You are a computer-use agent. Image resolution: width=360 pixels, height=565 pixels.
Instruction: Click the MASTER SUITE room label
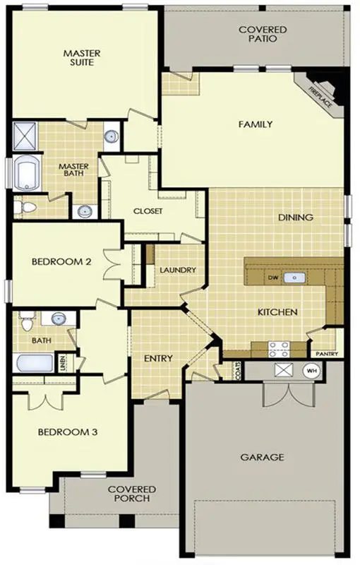(82, 57)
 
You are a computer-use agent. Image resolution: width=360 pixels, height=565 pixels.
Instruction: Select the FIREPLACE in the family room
(323, 94)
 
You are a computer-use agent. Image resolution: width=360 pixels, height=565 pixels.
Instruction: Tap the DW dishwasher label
(272, 278)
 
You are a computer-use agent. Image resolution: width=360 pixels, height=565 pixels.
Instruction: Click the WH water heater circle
(311, 371)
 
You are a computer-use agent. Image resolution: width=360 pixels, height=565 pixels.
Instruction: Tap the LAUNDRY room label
(177, 270)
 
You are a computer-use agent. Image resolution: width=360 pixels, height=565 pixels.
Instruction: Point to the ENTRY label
(158, 358)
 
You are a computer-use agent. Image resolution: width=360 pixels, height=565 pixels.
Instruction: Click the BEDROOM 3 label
(67, 432)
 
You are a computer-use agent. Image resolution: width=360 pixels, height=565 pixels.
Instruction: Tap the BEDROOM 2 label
(61, 261)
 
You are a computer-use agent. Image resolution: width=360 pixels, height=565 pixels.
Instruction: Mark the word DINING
(295, 218)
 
